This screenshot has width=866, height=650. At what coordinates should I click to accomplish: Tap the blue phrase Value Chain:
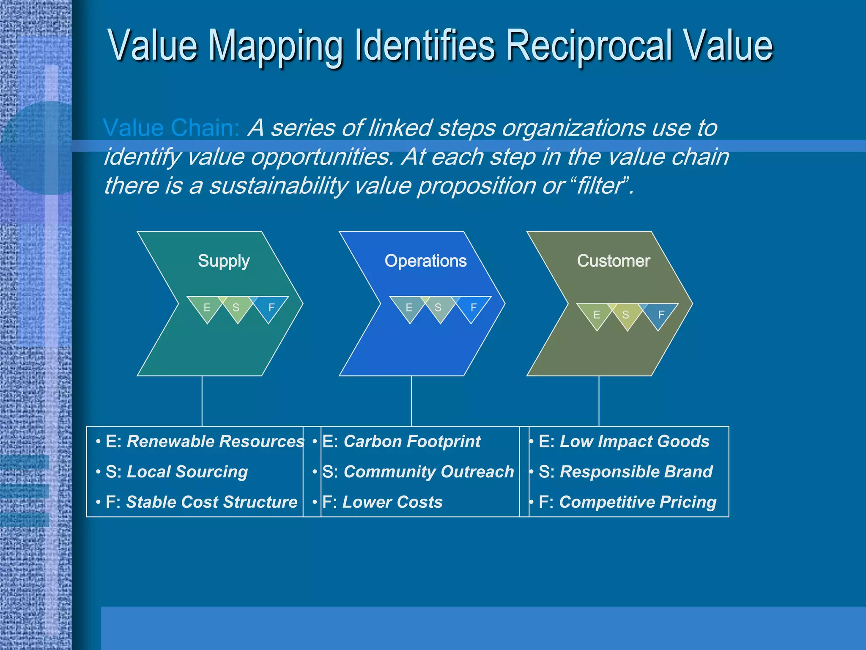171,128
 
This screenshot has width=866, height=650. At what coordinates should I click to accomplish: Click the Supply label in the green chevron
224,261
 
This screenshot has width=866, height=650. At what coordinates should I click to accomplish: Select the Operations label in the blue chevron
425,261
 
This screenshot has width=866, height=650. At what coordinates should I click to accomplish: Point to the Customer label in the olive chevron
614,261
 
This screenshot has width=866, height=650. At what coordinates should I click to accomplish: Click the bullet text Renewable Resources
216,441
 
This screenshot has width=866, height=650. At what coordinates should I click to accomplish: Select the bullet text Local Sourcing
187,471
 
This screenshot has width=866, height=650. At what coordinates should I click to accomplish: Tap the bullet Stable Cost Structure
212,502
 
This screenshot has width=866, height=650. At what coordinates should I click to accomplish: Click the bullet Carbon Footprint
412,441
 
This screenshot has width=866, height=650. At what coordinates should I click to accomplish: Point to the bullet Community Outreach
428,471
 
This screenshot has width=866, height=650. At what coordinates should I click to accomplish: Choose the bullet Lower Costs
392,502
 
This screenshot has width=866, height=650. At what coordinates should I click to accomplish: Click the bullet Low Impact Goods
634,441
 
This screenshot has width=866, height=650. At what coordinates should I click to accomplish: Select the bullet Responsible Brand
636,471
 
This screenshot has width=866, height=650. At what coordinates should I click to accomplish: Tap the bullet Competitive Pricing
638,502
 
